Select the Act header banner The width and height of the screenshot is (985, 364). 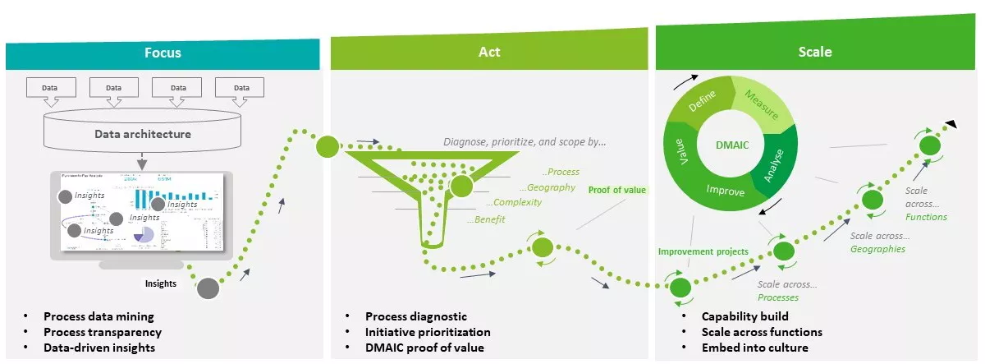(489, 53)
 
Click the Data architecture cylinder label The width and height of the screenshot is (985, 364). (143, 134)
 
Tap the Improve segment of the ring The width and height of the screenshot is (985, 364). (725, 191)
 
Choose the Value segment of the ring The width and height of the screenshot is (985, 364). (679, 154)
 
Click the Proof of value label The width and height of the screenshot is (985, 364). (617, 190)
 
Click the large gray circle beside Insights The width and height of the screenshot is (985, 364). (208, 288)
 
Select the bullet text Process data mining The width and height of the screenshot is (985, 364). (98, 316)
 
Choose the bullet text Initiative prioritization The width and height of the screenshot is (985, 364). (428, 332)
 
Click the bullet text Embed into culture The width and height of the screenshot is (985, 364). (751, 348)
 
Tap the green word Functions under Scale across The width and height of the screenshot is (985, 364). (926, 217)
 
